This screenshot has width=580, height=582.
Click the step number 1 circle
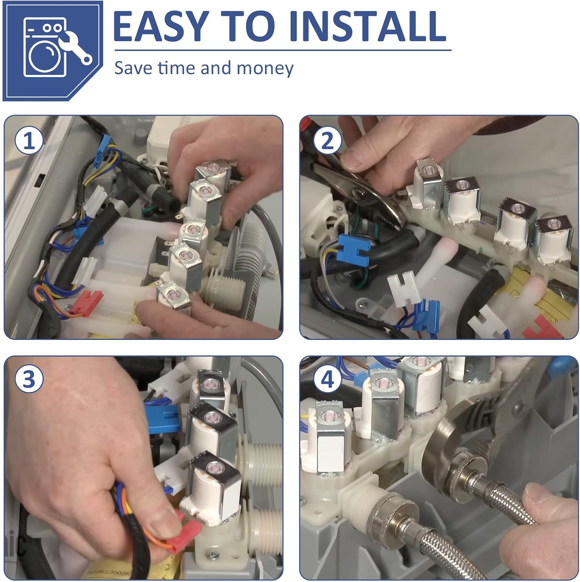(29, 141)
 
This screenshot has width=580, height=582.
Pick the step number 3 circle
(29, 379)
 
